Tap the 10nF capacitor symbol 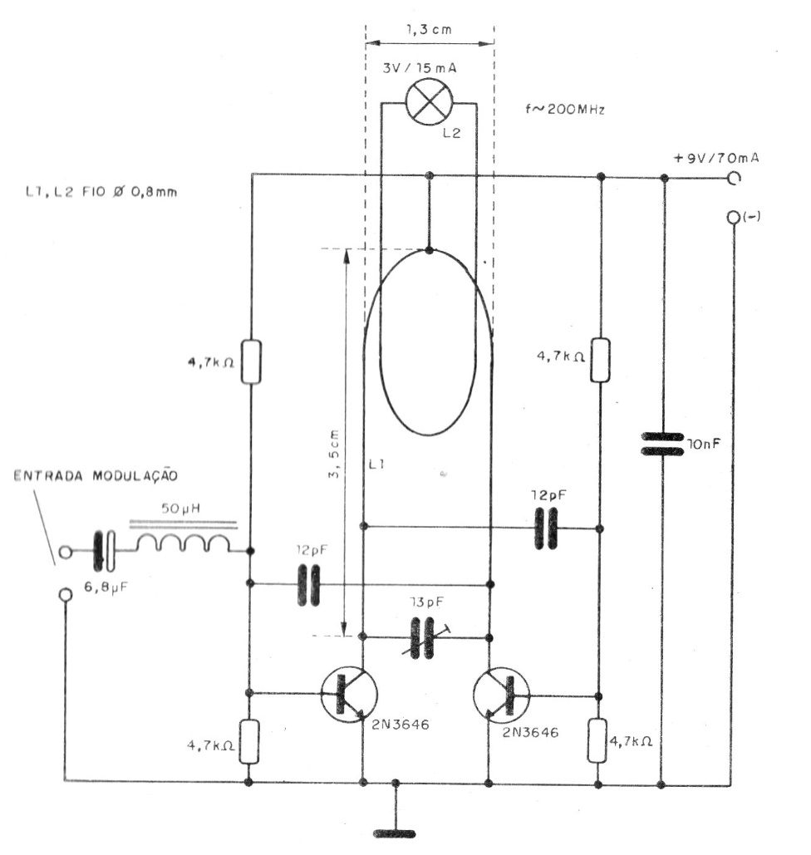(662, 444)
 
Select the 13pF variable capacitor (423, 637)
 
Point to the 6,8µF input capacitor (104, 551)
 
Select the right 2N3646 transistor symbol (501, 695)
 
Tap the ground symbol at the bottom (395, 833)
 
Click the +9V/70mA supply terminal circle (734, 179)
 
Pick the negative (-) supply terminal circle (734, 217)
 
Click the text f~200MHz (565, 109)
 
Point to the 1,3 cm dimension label (430, 29)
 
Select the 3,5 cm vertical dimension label (334, 455)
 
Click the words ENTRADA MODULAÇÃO (96, 475)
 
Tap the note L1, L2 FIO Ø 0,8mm (101, 192)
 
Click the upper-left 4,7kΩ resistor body (252, 362)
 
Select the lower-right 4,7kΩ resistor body (597, 740)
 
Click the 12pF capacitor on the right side (546, 528)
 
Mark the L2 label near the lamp (451, 132)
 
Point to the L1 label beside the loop (377, 464)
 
